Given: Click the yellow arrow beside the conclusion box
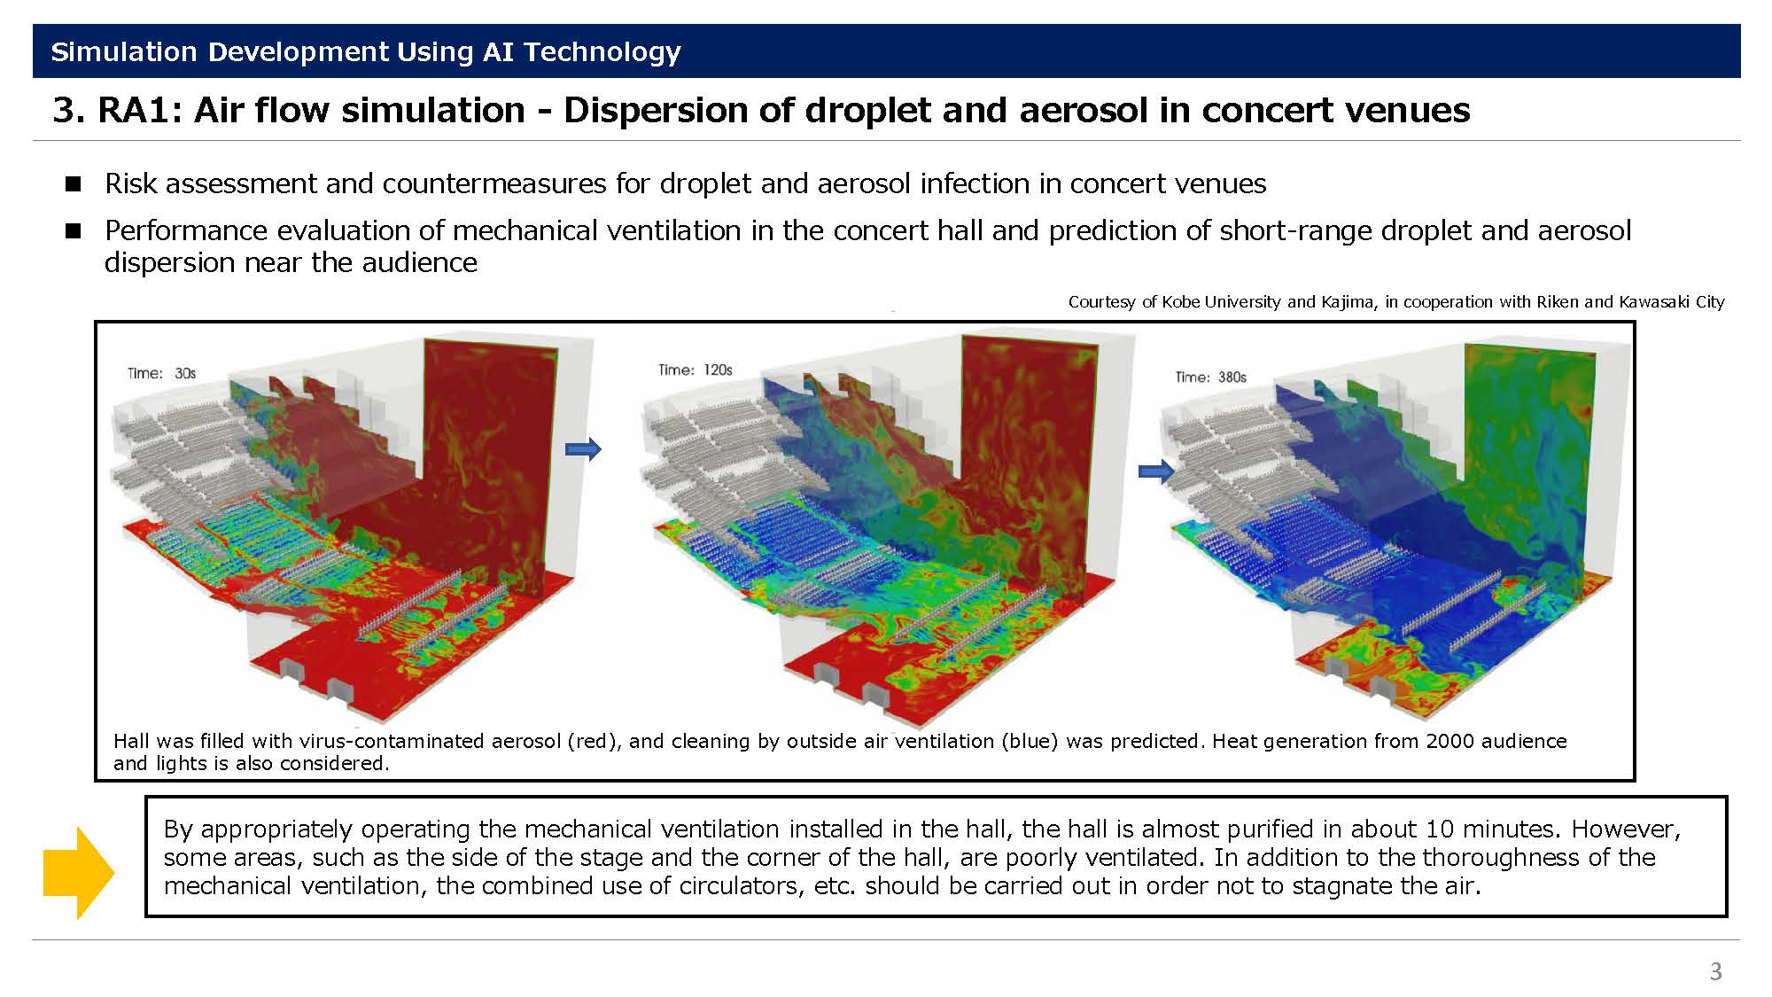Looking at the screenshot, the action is coord(79,873).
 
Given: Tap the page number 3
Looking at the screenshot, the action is coord(1715,971).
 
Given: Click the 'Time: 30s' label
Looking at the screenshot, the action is coord(161,373).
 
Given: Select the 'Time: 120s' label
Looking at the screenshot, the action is coord(696,370).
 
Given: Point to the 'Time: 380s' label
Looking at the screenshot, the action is coord(1211,377).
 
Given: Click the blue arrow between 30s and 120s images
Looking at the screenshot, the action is coord(583,449).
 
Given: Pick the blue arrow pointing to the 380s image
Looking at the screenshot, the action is coord(1156,471).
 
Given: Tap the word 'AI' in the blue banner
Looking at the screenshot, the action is coord(498,51).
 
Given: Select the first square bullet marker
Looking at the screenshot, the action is coord(73,183).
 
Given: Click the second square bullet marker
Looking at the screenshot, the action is coord(73,230).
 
